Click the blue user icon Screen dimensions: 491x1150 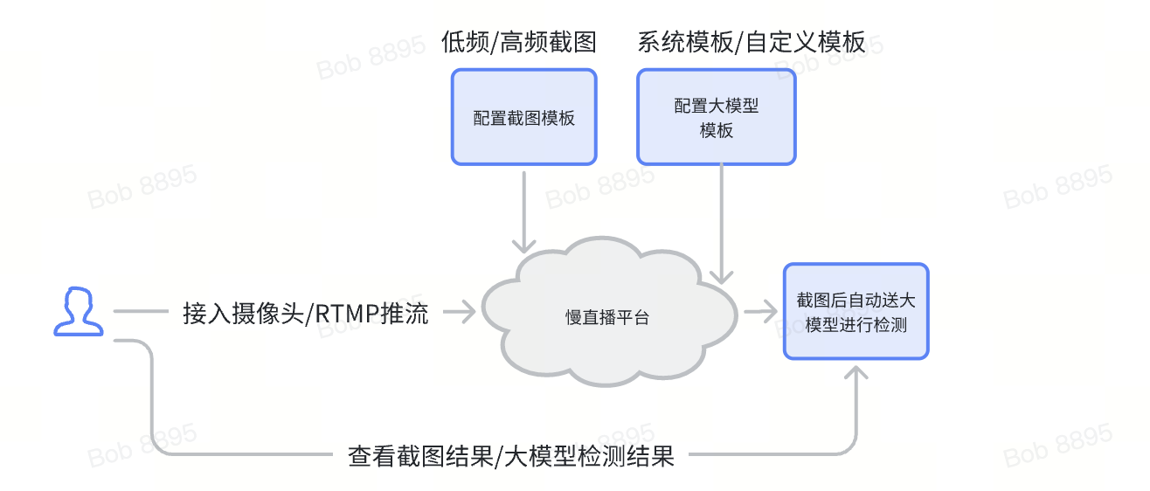(79, 311)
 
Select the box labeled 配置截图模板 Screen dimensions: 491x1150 (523, 117)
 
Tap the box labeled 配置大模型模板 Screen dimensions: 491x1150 (716, 117)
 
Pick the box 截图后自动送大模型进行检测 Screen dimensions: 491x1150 (856, 312)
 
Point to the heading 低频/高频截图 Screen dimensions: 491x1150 (519, 43)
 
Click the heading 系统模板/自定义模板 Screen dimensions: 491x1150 (751, 43)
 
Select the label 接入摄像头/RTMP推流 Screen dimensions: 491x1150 (305, 313)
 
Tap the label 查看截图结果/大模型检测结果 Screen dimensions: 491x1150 (511, 455)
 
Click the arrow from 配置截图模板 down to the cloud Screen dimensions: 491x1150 (524, 210)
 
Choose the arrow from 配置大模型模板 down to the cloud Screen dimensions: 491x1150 (722, 223)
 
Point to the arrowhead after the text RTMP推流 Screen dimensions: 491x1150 (467, 311)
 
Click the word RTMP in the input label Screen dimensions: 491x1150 (346, 313)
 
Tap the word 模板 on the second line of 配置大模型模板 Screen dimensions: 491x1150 (716, 130)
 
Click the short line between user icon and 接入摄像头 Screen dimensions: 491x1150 (140, 311)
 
